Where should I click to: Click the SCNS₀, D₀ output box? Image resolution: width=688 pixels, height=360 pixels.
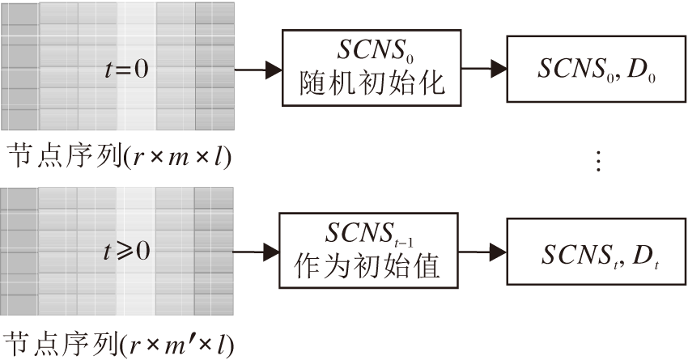point(596,70)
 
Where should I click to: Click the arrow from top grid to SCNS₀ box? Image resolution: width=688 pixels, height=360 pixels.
point(257,70)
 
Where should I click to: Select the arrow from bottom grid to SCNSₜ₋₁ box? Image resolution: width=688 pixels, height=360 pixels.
point(255,252)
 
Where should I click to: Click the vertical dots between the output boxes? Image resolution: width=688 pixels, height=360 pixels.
point(599,162)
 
